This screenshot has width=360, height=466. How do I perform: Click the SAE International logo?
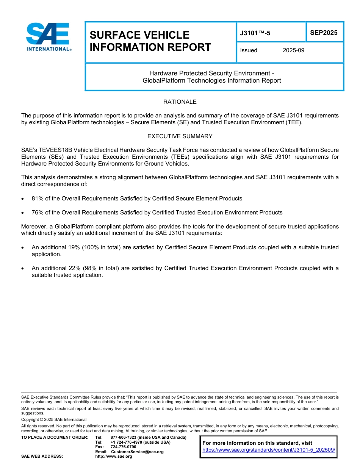pyautogui.click(x=48, y=37)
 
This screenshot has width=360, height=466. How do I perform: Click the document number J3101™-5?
pyautogui.click(x=255, y=33)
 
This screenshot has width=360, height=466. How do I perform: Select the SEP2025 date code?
pyautogui.click(x=324, y=33)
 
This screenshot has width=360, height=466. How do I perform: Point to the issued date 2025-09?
pyautogui.click(x=293, y=50)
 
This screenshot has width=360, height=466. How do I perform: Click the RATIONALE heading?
pyautogui.click(x=180, y=102)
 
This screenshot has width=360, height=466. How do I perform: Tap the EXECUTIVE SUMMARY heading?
pyautogui.click(x=180, y=136)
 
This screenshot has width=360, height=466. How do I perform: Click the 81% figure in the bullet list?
pyautogui.click(x=37, y=199)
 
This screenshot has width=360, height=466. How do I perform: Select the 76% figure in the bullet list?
pyautogui.click(x=37, y=213)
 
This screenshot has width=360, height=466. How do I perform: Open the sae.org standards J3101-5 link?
pyautogui.click(x=269, y=450)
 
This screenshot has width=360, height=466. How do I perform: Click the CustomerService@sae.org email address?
pyautogui.click(x=137, y=452)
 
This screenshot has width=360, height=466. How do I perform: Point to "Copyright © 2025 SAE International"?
pyautogui.click(x=54, y=419)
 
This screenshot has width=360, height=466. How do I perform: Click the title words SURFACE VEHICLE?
pyautogui.click(x=139, y=35)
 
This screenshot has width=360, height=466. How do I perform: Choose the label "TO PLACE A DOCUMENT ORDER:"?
pyautogui.click(x=55, y=438)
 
